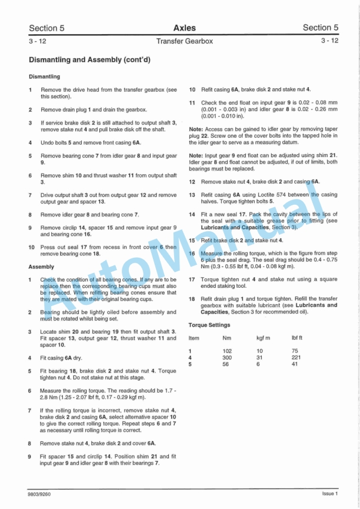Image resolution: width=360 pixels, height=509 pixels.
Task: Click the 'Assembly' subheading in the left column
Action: (x=41, y=267)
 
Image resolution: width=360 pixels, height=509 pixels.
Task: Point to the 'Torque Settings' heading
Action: (x=209, y=325)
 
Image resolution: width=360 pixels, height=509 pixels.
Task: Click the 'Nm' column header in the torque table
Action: (x=227, y=338)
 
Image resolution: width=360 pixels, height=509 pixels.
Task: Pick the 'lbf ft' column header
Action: (x=297, y=338)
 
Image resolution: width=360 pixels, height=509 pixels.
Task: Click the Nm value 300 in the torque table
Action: (x=227, y=357)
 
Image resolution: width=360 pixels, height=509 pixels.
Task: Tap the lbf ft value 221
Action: (x=296, y=357)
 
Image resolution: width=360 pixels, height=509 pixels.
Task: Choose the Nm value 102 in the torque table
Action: (x=227, y=351)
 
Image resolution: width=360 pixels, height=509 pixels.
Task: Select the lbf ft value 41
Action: (x=295, y=364)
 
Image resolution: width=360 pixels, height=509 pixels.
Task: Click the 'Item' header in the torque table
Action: (x=194, y=338)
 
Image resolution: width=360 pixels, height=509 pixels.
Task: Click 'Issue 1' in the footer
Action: (x=329, y=494)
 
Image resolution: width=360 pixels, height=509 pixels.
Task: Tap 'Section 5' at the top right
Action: (x=321, y=28)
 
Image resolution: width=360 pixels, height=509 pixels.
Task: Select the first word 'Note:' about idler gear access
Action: (x=196, y=129)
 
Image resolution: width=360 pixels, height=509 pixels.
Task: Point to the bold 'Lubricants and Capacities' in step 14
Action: (x=230, y=227)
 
